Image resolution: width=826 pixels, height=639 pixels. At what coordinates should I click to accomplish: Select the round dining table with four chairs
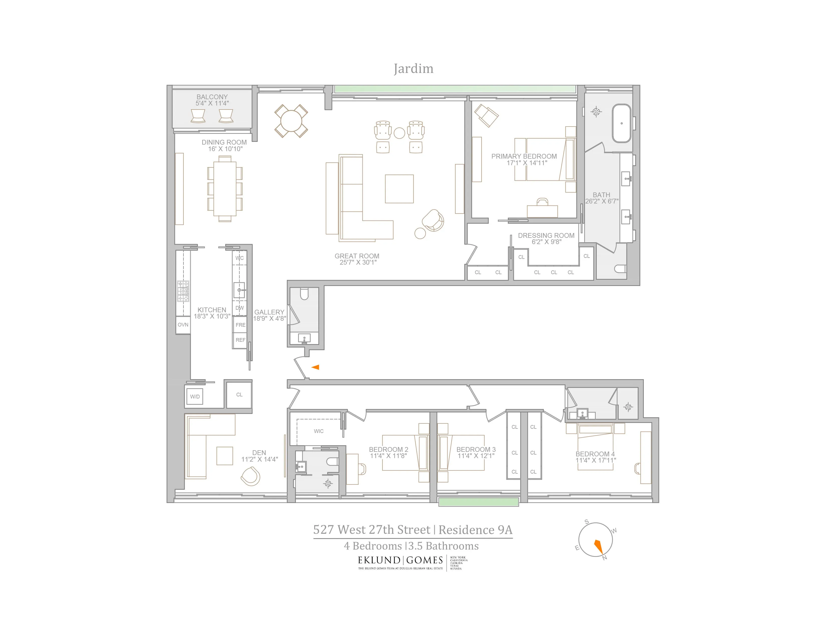(291, 121)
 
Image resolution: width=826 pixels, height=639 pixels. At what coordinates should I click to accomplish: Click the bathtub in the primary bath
(622, 123)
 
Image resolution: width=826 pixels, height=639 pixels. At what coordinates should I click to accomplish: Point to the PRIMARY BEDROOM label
(524, 156)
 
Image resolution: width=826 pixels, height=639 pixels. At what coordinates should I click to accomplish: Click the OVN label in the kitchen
(183, 325)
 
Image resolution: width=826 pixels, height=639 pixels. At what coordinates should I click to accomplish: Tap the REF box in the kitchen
(240, 340)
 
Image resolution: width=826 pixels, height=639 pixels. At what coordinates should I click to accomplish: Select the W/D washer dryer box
(195, 397)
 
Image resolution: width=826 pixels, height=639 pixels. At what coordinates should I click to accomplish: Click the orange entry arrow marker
(315, 367)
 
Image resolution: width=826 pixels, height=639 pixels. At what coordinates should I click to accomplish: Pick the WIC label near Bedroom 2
(318, 431)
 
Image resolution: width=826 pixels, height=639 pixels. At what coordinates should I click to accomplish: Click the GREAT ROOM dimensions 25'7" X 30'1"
(358, 262)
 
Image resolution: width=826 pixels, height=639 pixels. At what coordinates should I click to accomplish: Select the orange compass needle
(598, 546)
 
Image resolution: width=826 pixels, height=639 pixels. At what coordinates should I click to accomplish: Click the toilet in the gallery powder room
(304, 294)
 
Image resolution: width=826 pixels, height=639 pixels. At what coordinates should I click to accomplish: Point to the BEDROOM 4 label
(595, 454)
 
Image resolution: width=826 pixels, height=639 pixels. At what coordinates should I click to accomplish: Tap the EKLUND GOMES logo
(400, 560)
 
